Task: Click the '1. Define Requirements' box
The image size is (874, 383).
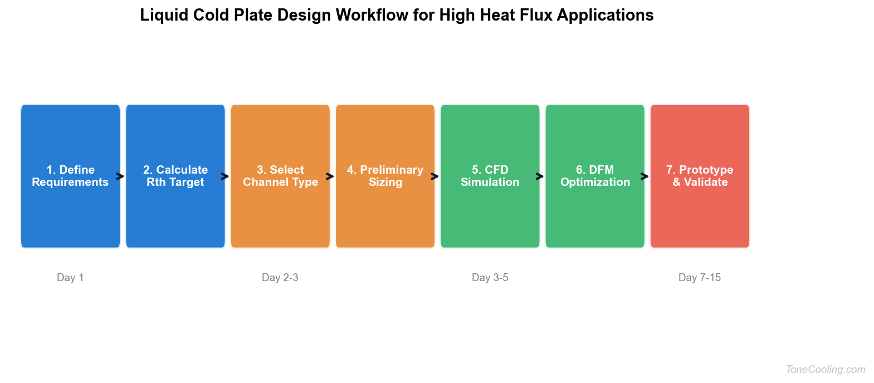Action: [70, 176]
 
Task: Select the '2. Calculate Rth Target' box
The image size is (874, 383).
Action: [175, 176]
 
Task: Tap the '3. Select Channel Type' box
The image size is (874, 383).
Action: [280, 176]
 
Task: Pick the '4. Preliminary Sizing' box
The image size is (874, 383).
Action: [385, 176]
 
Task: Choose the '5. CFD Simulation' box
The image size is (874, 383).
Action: [490, 176]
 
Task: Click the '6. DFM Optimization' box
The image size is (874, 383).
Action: [595, 176]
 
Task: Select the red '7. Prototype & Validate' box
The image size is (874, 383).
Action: [700, 176]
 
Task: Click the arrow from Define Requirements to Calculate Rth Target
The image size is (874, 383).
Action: [120, 176]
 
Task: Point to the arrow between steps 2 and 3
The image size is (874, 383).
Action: [225, 176]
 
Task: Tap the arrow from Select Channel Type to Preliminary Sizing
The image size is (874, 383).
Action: [330, 176]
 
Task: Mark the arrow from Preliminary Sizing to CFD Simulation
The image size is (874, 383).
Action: [435, 176]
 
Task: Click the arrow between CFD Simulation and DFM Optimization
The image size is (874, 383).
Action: [540, 176]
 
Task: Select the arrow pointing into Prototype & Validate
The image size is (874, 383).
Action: [645, 176]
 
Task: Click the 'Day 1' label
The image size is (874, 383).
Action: [70, 277]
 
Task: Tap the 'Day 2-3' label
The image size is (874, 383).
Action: [280, 277]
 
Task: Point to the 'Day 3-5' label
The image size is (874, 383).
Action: [490, 277]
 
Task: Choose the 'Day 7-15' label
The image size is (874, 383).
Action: [700, 277]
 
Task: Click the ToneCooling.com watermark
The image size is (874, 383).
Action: [826, 369]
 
